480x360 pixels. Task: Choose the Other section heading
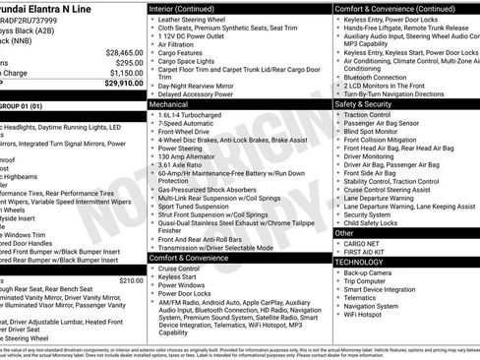pyautogui.click(x=345, y=233)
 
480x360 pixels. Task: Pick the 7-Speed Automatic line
pyautogui.click(x=188, y=124)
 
